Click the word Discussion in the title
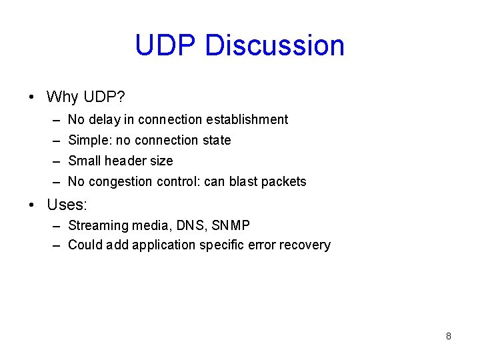[x=275, y=45]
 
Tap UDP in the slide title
[x=167, y=45]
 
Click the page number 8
[x=448, y=336]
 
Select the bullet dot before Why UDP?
[x=32, y=97]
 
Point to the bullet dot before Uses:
[x=32, y=203]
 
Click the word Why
[x=63, y=97]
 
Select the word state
[x=215, y=140]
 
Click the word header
[x=126, y=161]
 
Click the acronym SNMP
[x=231, y=225]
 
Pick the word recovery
[x=305, y=245]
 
